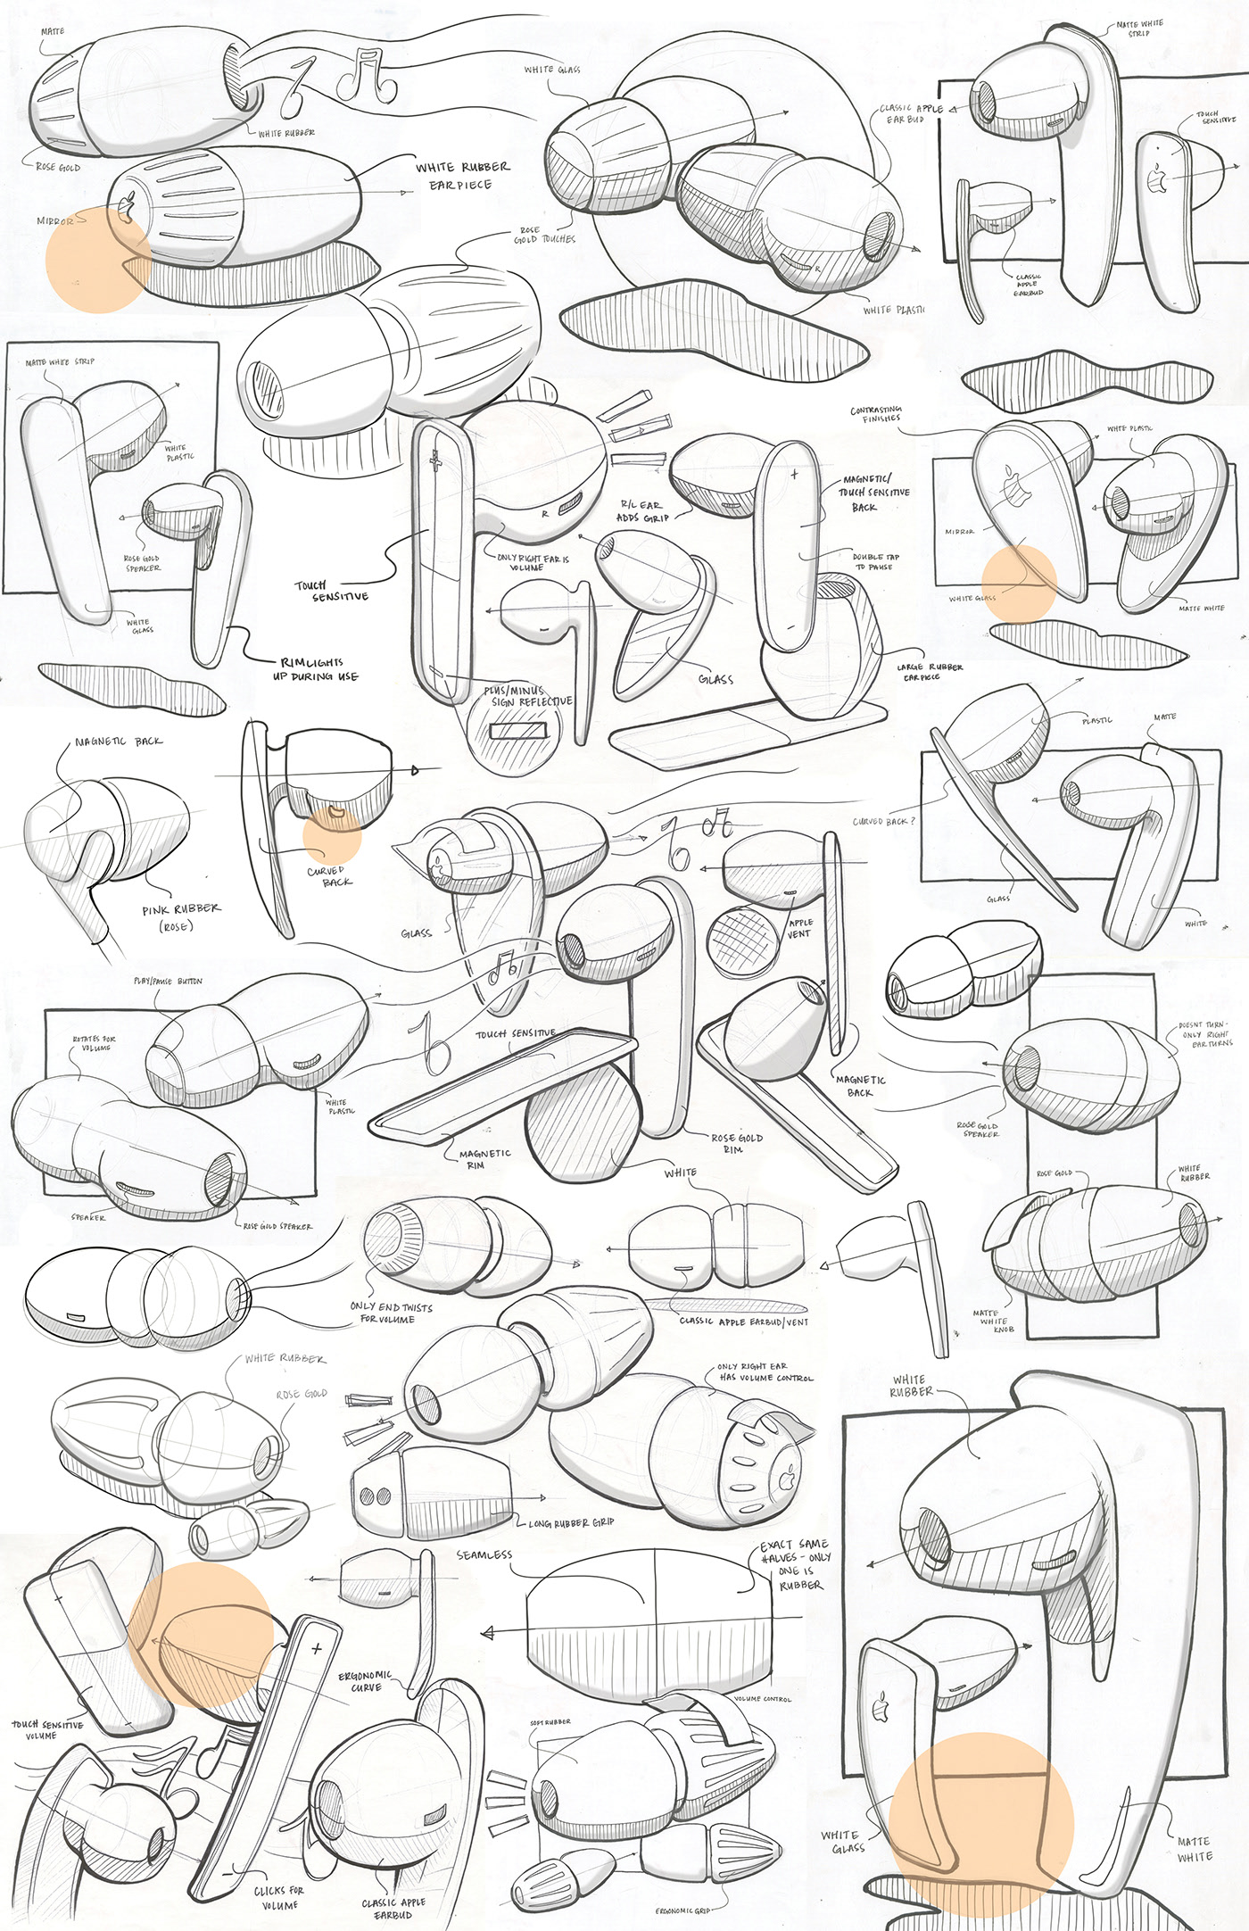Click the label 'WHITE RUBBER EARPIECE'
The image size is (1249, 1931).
(x=461, y=176)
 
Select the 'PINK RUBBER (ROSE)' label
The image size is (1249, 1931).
(x=179, y=916)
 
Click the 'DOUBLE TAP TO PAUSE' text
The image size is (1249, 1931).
(x=875, y=561)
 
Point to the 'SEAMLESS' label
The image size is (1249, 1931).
(x=484, y=1554)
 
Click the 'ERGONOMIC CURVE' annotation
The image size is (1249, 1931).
(x=365, y=1681)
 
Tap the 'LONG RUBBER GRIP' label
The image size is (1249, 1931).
(x=571, y=1522)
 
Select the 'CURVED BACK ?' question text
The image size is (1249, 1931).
(x=882, y=821)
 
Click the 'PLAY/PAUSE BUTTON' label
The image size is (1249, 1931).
(x=168, y=981)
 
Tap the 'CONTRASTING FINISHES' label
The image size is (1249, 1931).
(x=876, y=414)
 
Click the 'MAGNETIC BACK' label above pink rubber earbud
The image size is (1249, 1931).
(x=119, y=742)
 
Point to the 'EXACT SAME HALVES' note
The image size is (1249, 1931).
(x=795, y=1563)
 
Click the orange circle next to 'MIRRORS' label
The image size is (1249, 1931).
(x=97, y=260)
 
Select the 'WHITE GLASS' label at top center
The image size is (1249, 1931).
(x=552, y=70)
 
